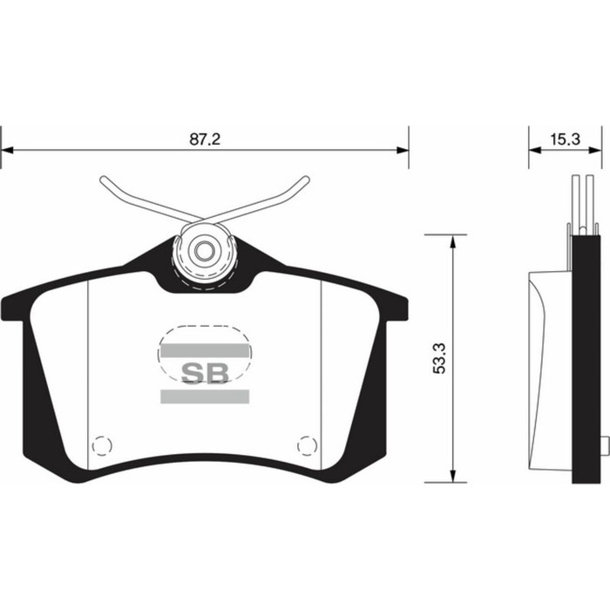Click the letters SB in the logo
click(205, 372)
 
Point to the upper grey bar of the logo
click(205, 350)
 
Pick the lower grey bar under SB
click(205, 396)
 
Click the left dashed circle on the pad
click(102, 444)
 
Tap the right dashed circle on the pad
click(307, 444)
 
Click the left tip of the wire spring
click(104, 180)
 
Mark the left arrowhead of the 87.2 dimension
click(7, 150)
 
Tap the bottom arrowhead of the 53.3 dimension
click(452, 477)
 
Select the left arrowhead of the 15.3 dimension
click(534, 150)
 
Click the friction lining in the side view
click(549, 366)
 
